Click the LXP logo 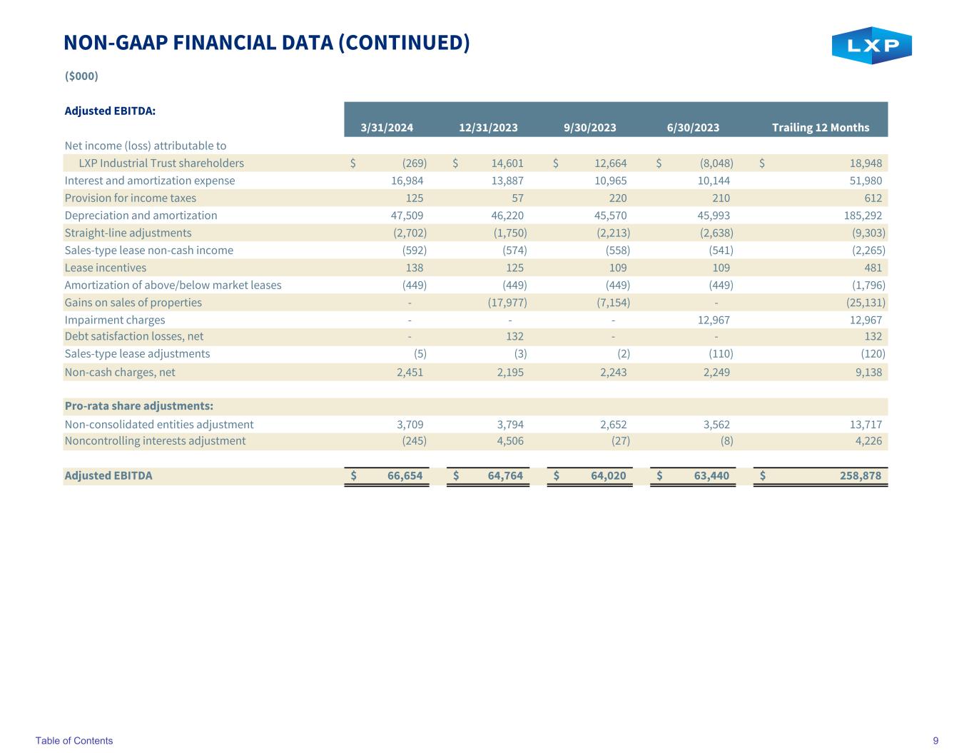[x=871, y=46]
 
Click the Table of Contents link [x=74, y=740]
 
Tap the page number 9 [x=935, y=740]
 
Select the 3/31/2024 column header [x=387, y=128]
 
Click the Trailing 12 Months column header [x=821, y=128]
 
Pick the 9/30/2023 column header [x=589, y=128]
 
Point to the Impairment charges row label [x=115, y=320]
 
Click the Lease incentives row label [x=106, y=268]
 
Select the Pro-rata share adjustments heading [x=139, y=406]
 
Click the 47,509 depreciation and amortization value [x=407, y=216]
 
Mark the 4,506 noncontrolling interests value [x=509, y=441]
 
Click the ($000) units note [x=81, y=76]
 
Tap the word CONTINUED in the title [x=404, y=43]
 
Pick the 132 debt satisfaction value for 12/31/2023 [x=514, y=337]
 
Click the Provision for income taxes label [x=131, y=198]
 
